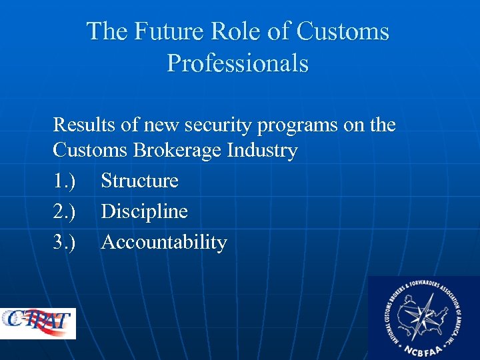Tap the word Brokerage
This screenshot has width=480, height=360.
tap(179, 151)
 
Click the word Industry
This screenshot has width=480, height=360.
tap(262, 151)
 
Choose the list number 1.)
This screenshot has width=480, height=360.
tap(65, 181)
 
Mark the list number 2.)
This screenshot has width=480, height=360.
tap(65, 211)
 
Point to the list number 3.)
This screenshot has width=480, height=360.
tap(65, 242)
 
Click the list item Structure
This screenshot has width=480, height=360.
tap(140, 181)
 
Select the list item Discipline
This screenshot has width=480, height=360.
tap(145, 212)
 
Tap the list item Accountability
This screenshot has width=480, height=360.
tap(164, 243)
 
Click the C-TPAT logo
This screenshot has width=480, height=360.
tap(38, 323)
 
